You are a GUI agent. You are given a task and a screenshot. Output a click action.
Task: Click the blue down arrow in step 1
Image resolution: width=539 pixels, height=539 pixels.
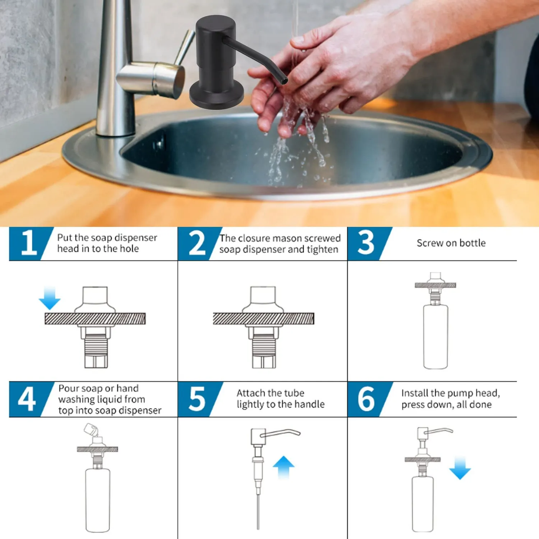(50, 298)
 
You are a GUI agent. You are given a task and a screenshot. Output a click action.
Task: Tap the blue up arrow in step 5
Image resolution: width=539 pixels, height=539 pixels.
(284, 467)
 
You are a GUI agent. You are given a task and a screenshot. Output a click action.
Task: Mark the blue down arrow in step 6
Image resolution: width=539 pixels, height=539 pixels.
(460, 468)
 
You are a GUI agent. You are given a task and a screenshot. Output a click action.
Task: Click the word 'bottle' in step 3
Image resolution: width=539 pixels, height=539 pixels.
(473, 243)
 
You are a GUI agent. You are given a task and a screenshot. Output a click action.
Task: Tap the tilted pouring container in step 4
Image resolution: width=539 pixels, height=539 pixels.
(91, 430)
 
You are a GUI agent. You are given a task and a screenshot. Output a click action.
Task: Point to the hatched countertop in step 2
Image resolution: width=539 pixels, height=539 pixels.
(263, 319)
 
